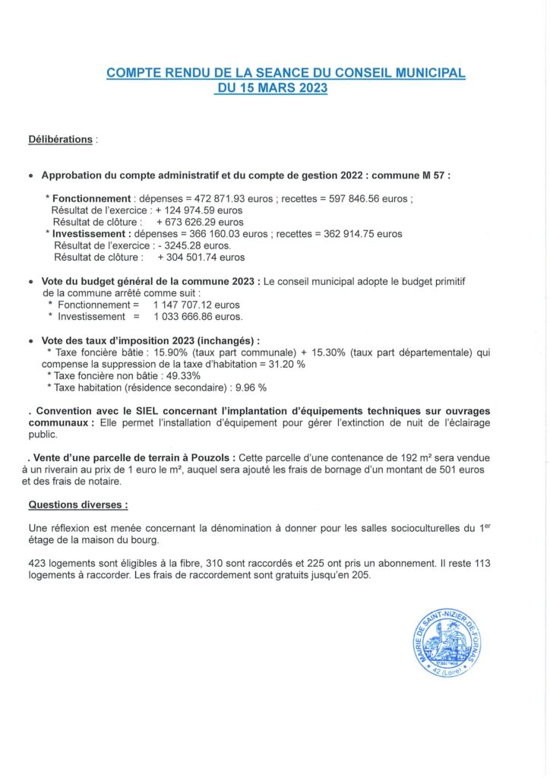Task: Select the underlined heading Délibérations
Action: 61,140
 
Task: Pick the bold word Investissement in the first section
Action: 88,234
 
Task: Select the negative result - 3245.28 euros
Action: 195,246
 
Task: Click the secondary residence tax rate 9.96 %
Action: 249,387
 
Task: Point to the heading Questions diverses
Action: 77,504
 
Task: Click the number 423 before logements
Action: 38,563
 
